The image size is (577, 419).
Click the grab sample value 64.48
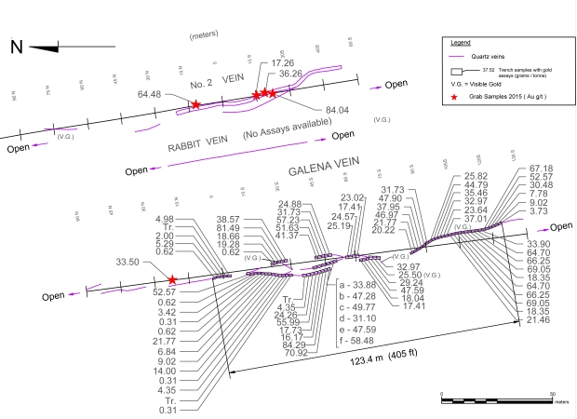[x=149, y=94]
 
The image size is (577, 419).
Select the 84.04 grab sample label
[x=337, y=110]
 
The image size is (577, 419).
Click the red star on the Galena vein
[x=173, y=278]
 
